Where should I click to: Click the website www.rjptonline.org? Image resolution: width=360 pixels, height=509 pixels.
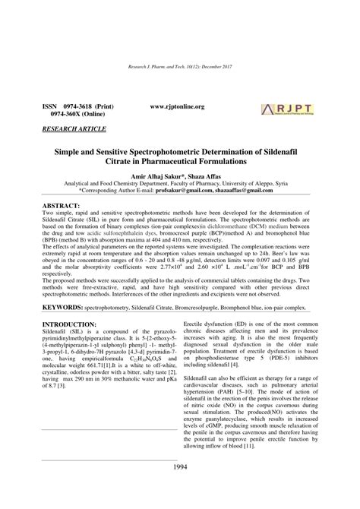178,107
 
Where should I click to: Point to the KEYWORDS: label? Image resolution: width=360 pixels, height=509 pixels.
68,287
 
